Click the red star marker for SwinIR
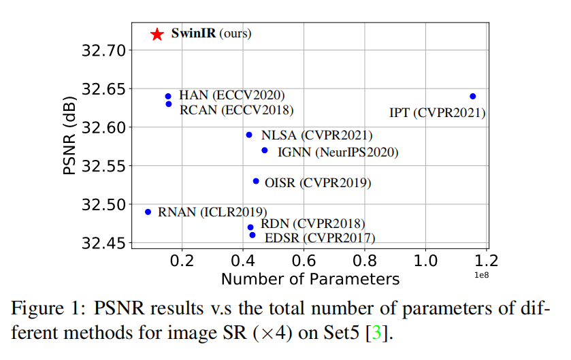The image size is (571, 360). pos(157,34)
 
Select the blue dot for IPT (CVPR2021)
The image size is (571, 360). pos(473,97)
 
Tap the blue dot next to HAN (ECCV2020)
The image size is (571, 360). pos(168,97)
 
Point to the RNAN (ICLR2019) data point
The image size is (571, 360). pos(148,212)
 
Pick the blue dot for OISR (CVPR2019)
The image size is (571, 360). pos(256,181)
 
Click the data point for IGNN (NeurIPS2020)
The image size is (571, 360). pos(265,150)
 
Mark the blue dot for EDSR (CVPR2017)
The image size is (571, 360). pos(252,235)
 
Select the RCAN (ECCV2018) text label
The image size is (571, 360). pos(236,110)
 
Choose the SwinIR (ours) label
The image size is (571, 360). pos(211,33)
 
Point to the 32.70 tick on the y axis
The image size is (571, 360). pos(102,50)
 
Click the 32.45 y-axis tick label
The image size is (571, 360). pos(102,243)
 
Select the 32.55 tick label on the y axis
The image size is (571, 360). pos(102,166)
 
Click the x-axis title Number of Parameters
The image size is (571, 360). pos(310,279)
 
